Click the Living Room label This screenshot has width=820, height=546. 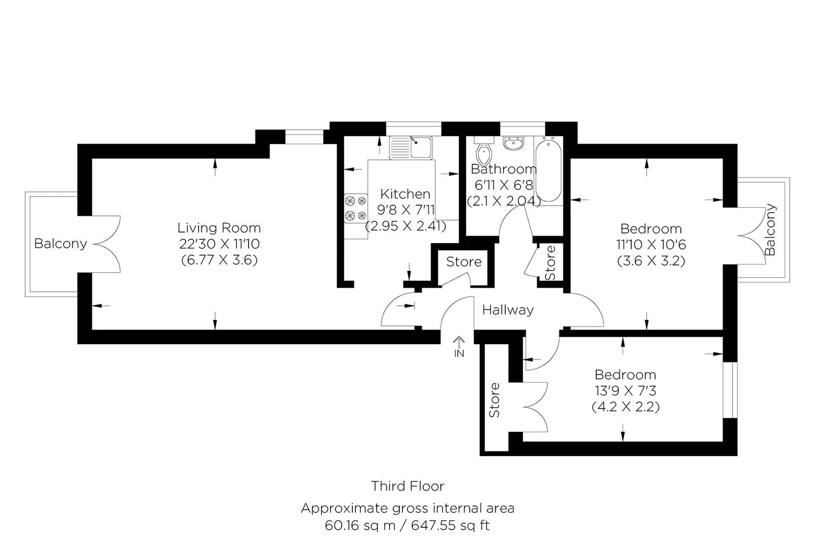(219, 228)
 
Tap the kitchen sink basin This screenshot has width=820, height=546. (421, 148)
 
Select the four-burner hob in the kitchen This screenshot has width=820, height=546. (355, 208)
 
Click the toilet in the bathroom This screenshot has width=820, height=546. (484, 150)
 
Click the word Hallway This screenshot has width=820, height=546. (508, 310)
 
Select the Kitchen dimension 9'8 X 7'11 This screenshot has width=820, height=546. (406, 210)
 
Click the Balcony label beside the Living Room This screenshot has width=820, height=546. (60, 244)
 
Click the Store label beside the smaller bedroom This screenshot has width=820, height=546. (495, 400)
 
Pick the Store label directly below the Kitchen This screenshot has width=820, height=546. (464, 262)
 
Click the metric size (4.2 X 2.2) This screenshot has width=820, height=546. (626, 407)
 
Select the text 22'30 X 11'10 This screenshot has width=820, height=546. (219, 244)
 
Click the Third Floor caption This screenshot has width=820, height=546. (407, 486)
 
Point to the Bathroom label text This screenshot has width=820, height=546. (503, 169)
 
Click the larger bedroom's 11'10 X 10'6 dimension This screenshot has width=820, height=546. (651, 245)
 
